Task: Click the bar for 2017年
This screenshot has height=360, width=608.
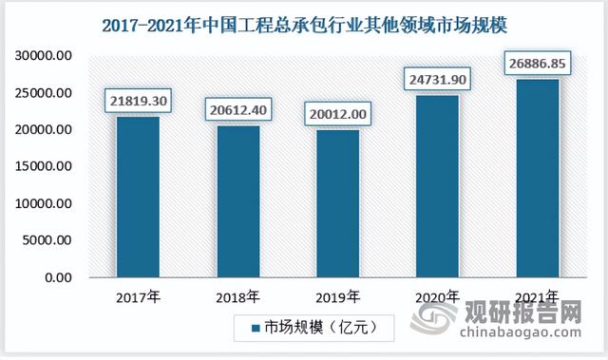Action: point(138,197)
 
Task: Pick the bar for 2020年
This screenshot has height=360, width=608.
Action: point(439,186)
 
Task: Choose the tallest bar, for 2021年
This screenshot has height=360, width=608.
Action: point(538,178)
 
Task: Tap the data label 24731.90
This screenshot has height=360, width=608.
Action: point(439,78)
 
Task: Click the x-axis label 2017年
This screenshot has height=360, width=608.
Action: point(137,297)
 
